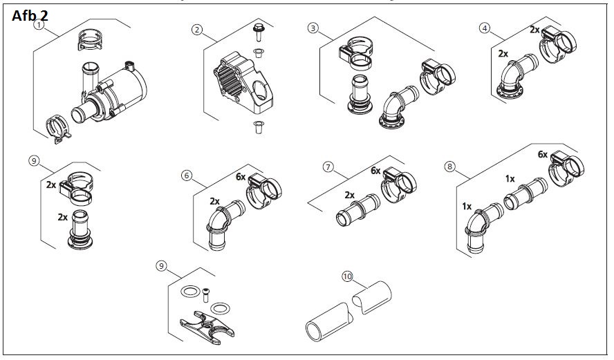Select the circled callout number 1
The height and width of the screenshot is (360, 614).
pos(39,26)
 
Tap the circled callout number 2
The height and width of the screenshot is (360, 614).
pos(197,30)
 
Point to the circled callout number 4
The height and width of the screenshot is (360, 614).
pos(485,28)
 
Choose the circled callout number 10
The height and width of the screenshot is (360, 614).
pos(347,277)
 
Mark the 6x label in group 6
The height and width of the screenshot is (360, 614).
pos(240,177)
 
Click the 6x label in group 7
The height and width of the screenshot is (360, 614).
pos(376,171)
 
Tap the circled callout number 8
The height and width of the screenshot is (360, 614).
pos(450,167)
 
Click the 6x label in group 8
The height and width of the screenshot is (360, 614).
pos(543,155)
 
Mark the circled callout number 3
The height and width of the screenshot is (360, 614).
pos(313,28)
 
